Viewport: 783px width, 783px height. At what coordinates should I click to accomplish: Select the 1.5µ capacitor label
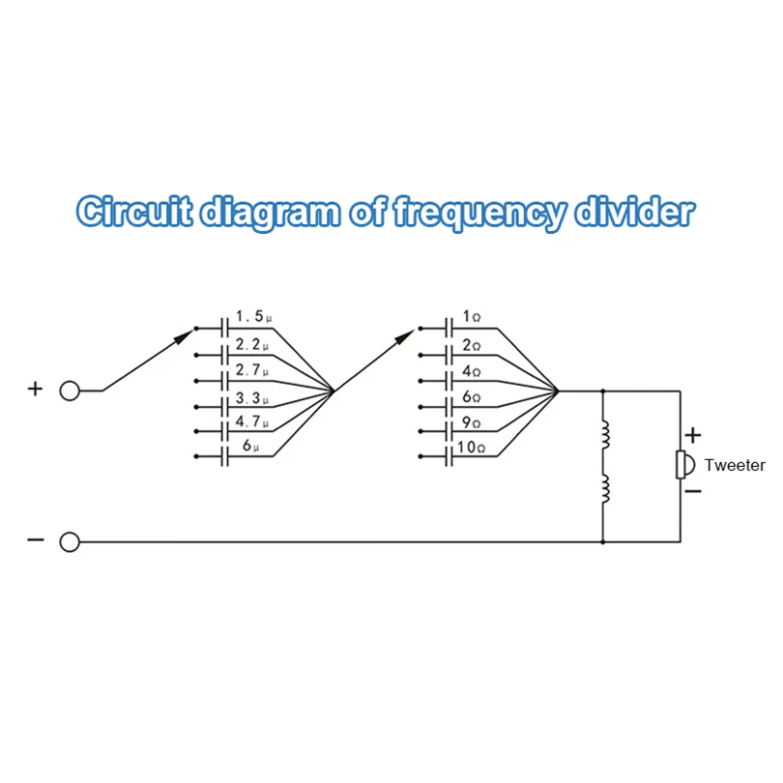coord(253,317)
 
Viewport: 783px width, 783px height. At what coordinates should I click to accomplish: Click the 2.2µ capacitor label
coord(252,343)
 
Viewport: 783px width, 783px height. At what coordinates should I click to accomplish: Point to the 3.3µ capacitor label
coord(252,397)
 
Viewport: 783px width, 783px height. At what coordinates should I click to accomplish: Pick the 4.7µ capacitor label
coord(252,422)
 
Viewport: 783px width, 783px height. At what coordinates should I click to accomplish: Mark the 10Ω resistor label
coord(472,448)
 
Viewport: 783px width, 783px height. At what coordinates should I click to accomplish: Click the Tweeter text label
coord(735,465)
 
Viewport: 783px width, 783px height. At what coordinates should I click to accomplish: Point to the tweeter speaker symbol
coord(682,464)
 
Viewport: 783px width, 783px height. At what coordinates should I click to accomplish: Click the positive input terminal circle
coord(70,391)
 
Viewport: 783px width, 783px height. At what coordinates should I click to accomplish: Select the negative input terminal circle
coord(70,542)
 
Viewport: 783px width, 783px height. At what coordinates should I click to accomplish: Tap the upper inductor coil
coord(605,436)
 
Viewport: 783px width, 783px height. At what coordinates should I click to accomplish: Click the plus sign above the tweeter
coord(692,435)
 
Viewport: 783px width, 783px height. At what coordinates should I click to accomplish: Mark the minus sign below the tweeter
coord(692,492)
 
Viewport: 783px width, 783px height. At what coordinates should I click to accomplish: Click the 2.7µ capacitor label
coord(252,370)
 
